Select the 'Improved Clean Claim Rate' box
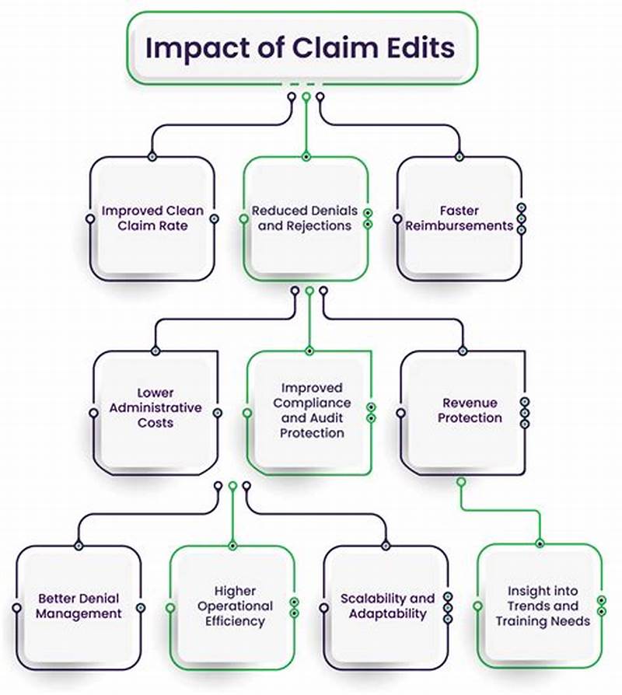point(152,218)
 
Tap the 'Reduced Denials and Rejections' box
point(305,218)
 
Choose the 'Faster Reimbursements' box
point(459,218)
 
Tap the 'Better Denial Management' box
point(79,606)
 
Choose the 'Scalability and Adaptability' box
point(386,606)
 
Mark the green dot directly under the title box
point(306,97)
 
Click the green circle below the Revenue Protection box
point(461,482)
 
